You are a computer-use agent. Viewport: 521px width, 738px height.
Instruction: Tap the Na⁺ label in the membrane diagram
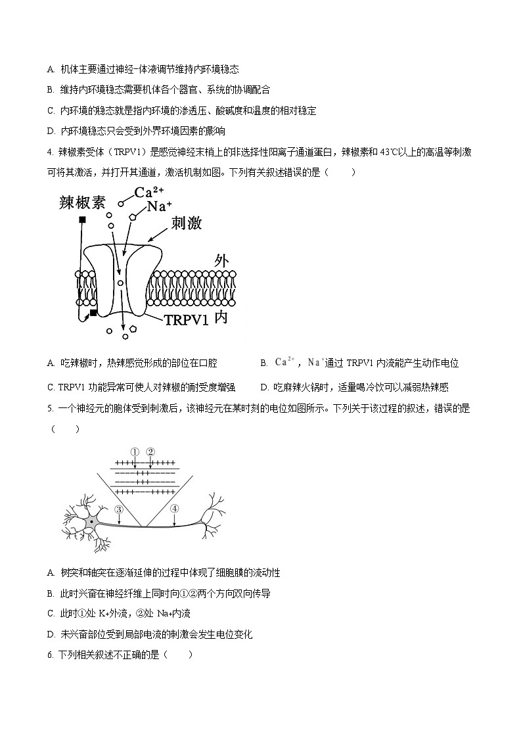(x=160, y=206)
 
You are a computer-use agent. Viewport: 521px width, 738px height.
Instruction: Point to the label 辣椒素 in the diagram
(x=81, y=202)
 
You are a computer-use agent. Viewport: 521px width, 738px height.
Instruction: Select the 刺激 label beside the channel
(x=186, y=223)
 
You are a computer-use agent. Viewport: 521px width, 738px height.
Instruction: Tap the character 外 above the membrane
(x=222, y=260)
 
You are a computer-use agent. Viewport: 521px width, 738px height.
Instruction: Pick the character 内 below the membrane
(x=221, y=318)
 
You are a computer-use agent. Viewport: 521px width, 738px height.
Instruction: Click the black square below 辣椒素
(x=82, y=219)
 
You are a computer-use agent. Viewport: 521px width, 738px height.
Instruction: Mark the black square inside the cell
(x=93, y=313)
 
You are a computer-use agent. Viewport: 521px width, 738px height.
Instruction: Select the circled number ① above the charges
(x=135, y=451)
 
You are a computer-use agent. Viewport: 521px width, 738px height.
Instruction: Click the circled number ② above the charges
(x=150, y=451)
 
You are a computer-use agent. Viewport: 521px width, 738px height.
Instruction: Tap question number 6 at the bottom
(x=51, y=655)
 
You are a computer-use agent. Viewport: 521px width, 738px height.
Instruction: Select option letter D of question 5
(x=51, y=634)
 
